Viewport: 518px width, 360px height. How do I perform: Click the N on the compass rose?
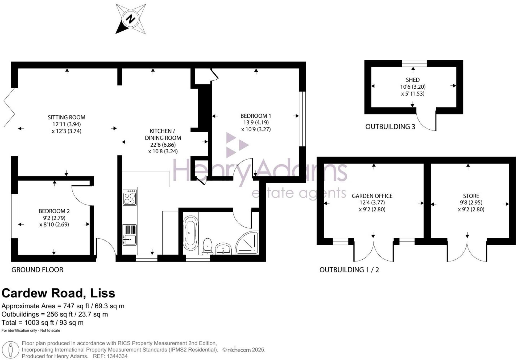point(130,19)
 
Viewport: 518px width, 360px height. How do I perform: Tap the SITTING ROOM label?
point(67,117)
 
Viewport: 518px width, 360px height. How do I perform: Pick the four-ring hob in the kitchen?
point(130,198)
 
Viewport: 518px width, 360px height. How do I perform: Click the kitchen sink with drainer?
point(130,235)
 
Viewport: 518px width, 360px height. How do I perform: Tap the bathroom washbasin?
point(223,249)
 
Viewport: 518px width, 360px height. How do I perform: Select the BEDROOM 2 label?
point(54,211)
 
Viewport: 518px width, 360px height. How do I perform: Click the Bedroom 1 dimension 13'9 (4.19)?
point(256,122)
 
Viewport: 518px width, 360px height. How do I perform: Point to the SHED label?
point(413,80)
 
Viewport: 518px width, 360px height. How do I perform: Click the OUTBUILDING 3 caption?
point(390,127)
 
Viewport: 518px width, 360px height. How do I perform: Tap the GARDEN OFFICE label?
point(372,196)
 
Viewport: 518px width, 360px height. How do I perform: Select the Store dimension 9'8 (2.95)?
point(471,203)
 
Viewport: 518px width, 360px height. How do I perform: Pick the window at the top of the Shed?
point(414,63)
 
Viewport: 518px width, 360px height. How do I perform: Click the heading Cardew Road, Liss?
point(58,293)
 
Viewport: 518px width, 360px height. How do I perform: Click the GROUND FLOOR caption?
point(37,270)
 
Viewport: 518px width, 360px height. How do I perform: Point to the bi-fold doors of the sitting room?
point(9,108)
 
